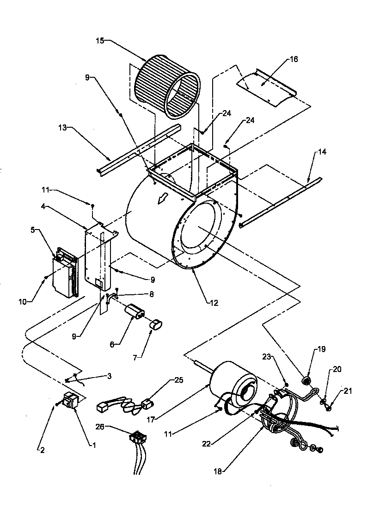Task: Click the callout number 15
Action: click(100, 41)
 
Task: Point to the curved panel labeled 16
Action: click(266, 88)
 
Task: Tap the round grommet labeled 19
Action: click(305, 381)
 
